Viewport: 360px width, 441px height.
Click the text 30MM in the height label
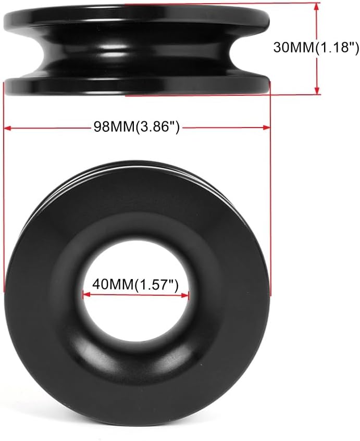(x=292, y=48)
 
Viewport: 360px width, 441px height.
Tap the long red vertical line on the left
(x=4, y=208)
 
